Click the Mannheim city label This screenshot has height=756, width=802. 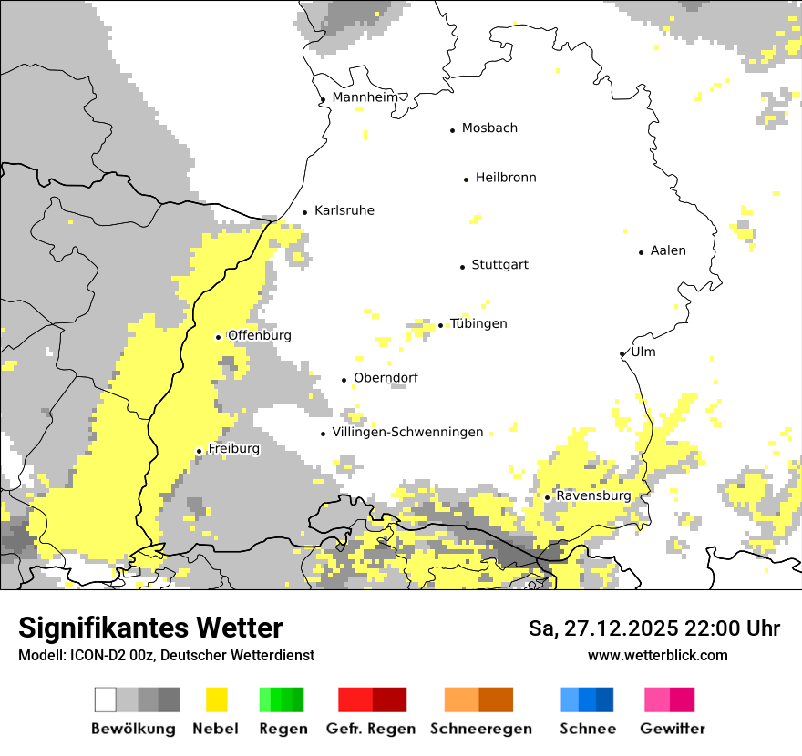[365, 97]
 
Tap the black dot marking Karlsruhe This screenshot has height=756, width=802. [305, 213]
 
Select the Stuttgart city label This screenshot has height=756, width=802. [499, 265]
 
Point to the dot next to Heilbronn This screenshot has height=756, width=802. [466, 179]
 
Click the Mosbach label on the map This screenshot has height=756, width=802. [489, 128]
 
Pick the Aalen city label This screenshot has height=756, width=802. [668, 250]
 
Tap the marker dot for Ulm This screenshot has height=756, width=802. [622, 354]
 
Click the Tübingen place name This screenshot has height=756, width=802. [478, 324]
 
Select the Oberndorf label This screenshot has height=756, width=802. [386, 378]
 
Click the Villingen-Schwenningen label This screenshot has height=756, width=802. [407, 432]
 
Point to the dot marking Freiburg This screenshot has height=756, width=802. [199, 451]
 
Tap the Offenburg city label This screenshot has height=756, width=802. [260, 335]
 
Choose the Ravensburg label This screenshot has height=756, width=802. [593, 495]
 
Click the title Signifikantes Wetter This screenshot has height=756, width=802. [150, 628]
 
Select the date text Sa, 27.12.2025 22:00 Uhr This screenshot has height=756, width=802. [654, 628]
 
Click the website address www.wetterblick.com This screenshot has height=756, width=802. [657, 655]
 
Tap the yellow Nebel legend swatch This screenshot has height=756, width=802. [217, 700]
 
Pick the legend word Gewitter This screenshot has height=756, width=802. [673, 729]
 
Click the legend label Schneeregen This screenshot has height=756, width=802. [480, 729]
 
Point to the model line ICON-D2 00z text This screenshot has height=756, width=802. [166, 655]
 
